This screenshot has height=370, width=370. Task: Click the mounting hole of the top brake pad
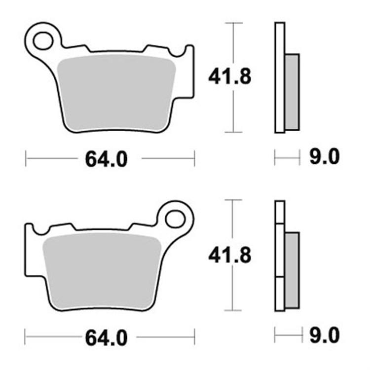point(44,40)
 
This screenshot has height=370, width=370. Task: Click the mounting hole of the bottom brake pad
point(175,218)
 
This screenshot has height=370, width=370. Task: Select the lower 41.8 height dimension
point(229,255)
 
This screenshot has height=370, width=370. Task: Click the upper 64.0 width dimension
point(106,159)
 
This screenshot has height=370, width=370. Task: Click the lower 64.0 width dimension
point(106,338)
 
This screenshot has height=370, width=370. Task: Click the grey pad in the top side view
point(293,92)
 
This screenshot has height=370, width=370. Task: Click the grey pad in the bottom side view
point(292,268)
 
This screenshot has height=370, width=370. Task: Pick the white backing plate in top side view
point(280,78)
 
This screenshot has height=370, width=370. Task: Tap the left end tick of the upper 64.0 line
point(26,159)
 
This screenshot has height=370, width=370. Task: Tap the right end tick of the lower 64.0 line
point(194,338)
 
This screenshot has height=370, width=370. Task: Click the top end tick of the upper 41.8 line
point(233,23)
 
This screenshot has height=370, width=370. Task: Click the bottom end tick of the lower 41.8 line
point(233,310)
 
